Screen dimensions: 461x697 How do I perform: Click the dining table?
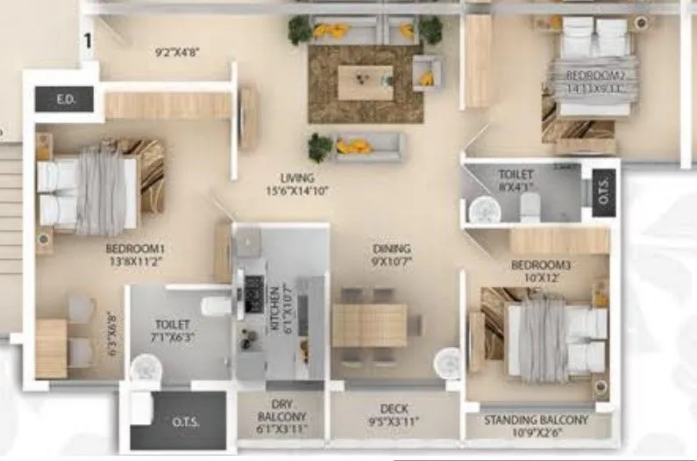pyautogui.click(x=369, y=324)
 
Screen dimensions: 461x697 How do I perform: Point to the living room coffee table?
pyautogui.click(x=365, y=83)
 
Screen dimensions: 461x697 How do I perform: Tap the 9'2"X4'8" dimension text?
pyautogui.click(x=177, y=53)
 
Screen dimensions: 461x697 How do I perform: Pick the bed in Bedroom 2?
pyautogui.click(x=593, y=70)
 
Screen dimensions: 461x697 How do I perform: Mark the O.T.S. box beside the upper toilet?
pyautogui.click(x=606, y=191)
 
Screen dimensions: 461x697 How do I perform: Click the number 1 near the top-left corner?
pyautogui.click(x=88, y=39)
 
